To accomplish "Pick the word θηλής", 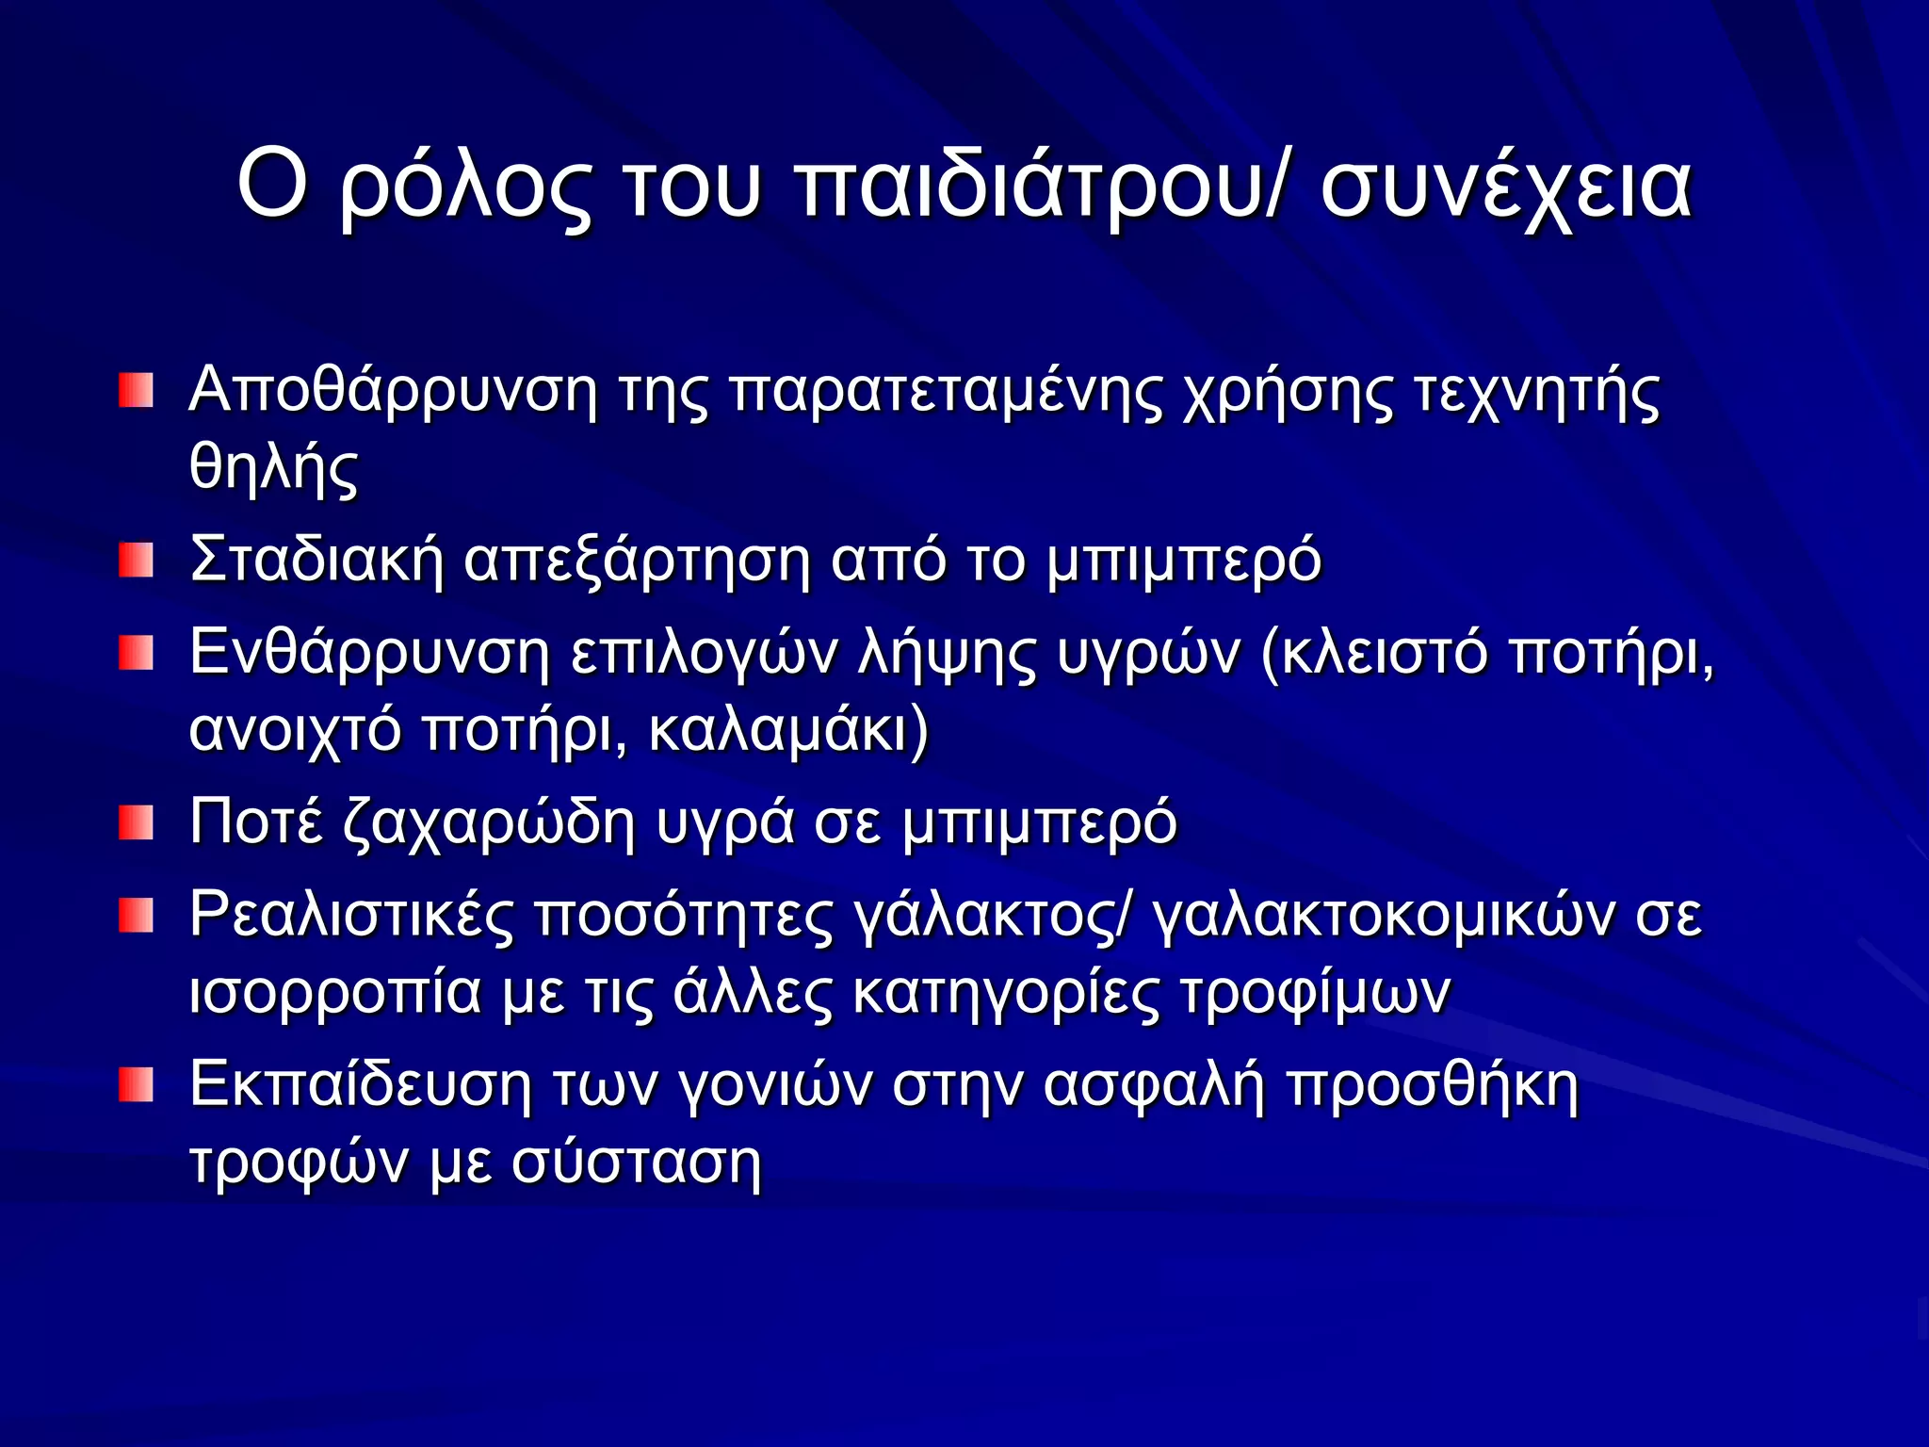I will click(x=273, y=468).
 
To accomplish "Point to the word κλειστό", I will click(x=1384, y=652).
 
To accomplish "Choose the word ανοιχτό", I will click(x=295, y=729).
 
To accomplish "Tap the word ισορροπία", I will click(x=335, y=991).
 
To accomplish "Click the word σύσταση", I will click(x=636, y=1161).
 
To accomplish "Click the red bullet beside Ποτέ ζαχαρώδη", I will click(x=136, y=822).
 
